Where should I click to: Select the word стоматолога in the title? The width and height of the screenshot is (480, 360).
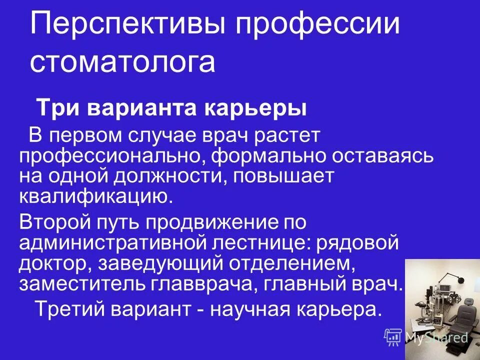tap(122, 62)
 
